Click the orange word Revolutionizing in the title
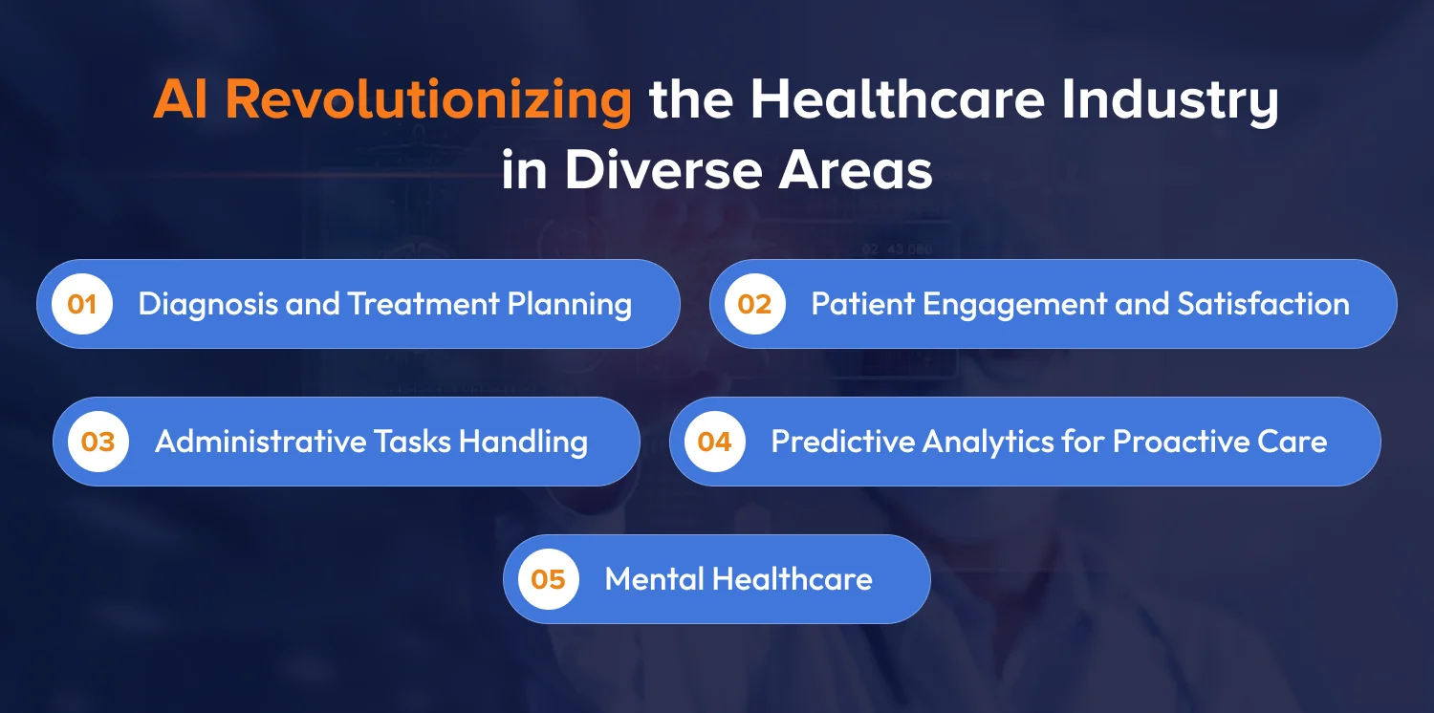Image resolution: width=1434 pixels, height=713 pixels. [429, 101]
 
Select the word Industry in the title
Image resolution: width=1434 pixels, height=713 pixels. [1170, 101]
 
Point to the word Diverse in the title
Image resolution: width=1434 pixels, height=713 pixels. [663, 170]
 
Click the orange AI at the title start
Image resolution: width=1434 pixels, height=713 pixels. [182, 99]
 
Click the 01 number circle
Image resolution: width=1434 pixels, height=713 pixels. [82, 304]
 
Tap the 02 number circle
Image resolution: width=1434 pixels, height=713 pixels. [755, 304]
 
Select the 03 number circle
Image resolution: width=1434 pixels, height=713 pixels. [98, 442]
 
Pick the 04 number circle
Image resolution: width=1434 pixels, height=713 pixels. [714, 442]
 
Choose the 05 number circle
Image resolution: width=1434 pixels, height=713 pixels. [548, 579]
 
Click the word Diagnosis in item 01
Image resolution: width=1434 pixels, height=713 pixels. [208, 305]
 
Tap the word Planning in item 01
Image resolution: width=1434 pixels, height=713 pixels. [569, 305]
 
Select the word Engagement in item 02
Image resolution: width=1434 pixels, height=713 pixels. [1014, 305]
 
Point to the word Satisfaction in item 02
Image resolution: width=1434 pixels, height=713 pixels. [1263, 303]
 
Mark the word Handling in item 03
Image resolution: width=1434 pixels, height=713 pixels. [523, 443]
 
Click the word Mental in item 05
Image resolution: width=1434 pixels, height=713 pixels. [654, 578]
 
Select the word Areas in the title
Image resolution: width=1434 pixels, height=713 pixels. [856, 170]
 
